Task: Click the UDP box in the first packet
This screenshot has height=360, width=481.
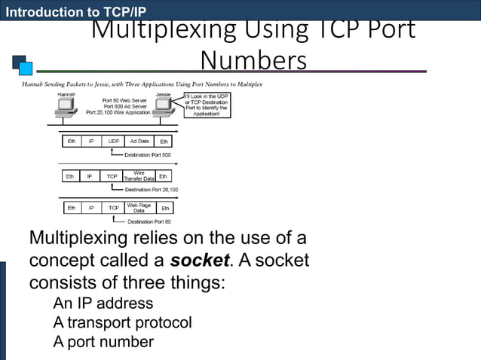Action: click(x=114, y=141)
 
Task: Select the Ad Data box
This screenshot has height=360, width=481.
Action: click(x=139, y=141)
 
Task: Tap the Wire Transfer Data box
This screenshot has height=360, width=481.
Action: click(x=139, y=176)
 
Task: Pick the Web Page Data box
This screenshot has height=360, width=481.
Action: click(x=139, y=207)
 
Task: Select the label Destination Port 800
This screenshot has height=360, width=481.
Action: click(x=147, y=155)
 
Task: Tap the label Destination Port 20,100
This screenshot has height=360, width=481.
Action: click(x=151, y=190)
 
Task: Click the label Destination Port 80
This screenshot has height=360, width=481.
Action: click(x=149, y=221)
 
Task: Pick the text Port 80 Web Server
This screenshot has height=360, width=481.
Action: click(x=126, y=100)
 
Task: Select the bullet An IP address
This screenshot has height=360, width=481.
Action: click(x=103, y=304)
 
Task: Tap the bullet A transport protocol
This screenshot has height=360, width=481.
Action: click(x=122, y=322)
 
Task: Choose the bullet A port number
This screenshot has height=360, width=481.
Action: click(x=103, y=341)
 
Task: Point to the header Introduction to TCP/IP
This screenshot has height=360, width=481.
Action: click(x=73, y=11)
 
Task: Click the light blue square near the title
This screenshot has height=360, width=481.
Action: click(x=26, y=69)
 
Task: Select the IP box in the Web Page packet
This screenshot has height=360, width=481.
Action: click(x=91, y=207)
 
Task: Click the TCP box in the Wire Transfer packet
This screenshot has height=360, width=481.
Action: click(x=112, y=176)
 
